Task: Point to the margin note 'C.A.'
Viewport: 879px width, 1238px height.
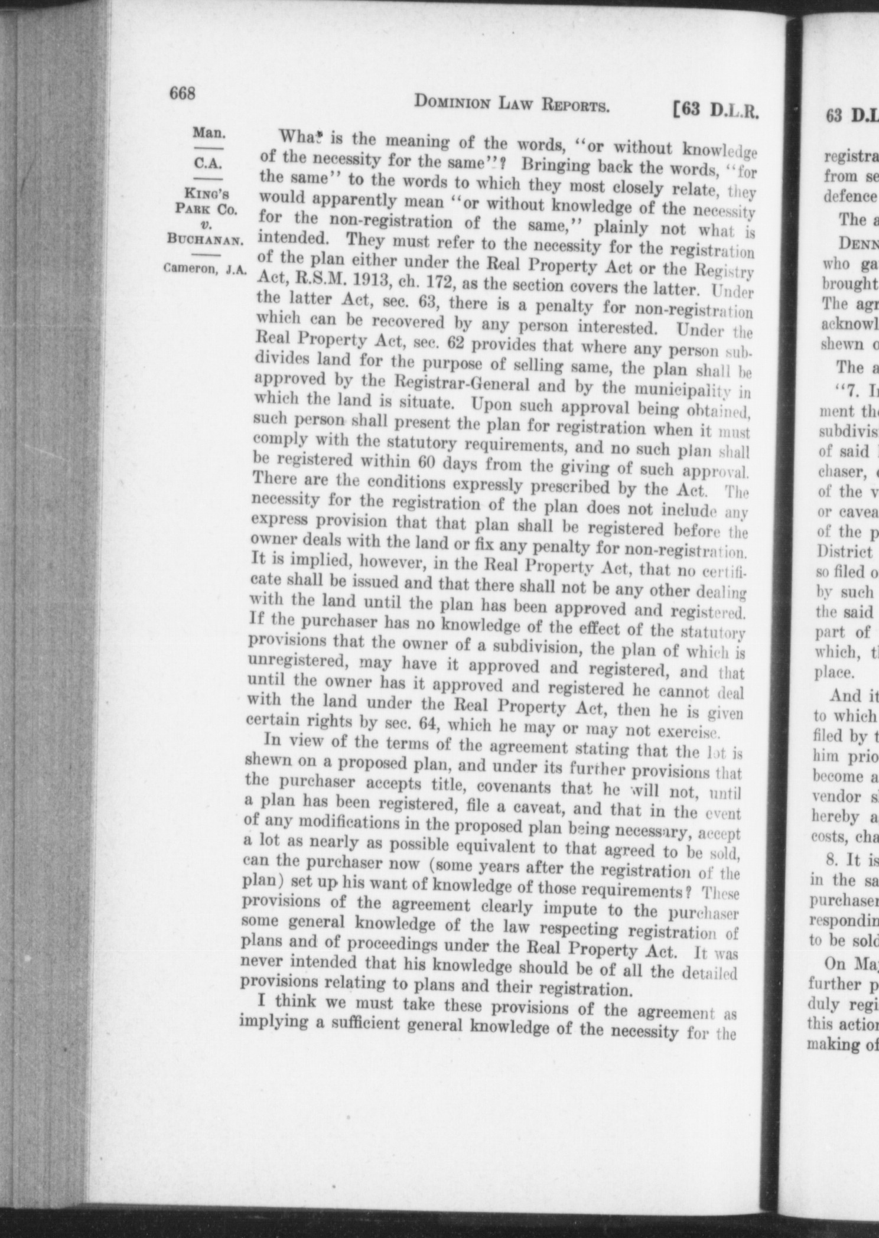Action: point(208,162)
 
